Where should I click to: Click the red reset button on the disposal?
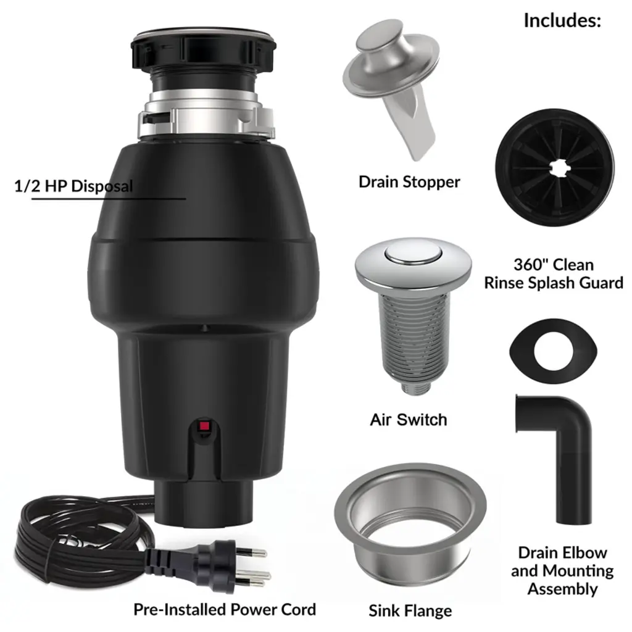(204, 426)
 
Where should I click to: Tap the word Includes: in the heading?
(562, 20)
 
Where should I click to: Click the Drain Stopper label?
(409, 182)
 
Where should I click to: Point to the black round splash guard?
(555, 168)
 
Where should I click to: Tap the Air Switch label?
(409, 420)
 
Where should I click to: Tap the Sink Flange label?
(410, 610)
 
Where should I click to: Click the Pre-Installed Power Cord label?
(225, 609)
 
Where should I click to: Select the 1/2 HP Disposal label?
(73, 186)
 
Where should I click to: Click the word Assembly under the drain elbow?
(562, 589)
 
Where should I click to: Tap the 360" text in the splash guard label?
(528, 264)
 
